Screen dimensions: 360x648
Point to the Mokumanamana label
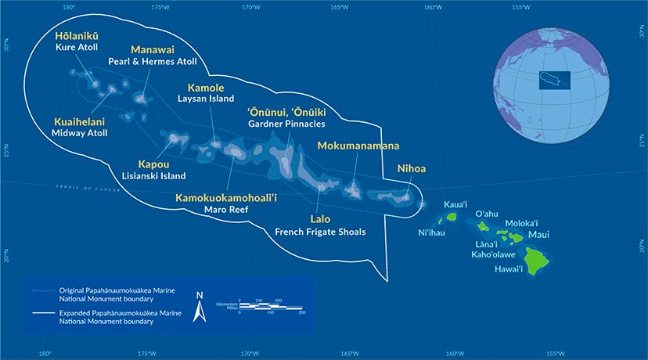358,146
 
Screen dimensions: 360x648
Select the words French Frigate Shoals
320,232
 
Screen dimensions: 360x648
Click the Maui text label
538,234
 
